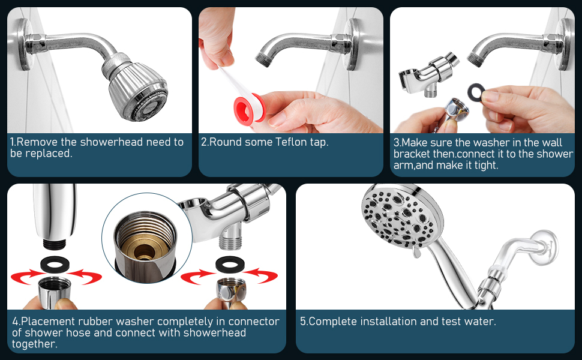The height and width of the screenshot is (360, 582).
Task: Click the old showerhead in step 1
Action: click(136, 88)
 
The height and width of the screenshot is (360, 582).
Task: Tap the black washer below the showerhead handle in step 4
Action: click(55, 264)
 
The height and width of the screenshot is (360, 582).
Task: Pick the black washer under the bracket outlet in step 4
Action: click(230, 264)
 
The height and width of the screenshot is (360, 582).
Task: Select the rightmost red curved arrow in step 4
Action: click(262, 276)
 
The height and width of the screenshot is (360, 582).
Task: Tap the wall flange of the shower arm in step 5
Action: click(545, 248)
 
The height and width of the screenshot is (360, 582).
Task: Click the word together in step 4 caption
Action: click(35, 344)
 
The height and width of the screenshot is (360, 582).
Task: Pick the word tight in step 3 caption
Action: click(485, 165)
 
